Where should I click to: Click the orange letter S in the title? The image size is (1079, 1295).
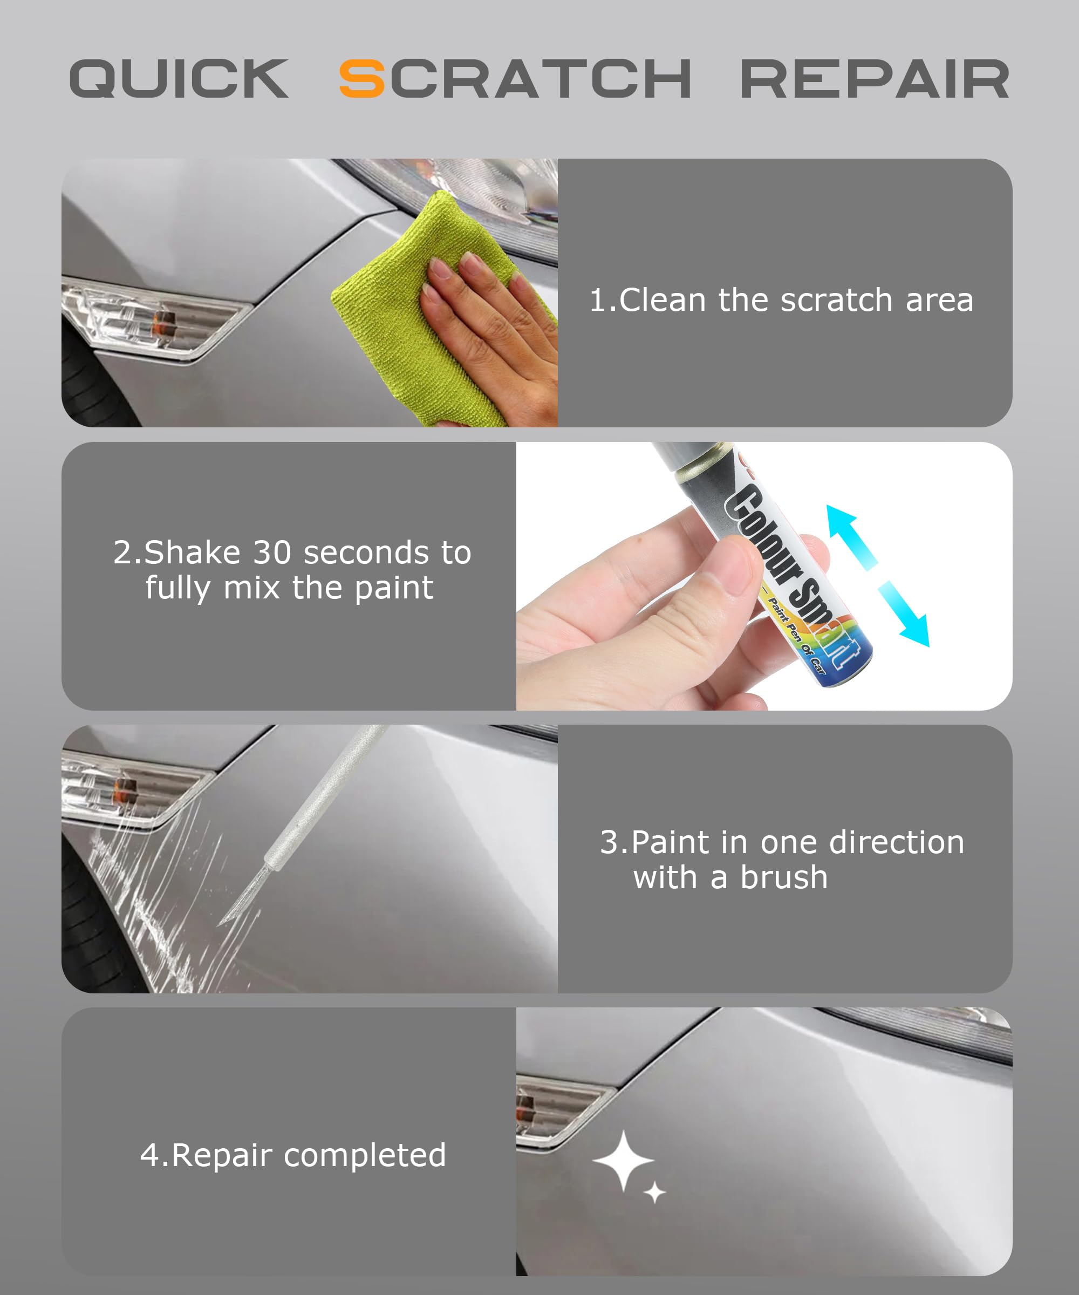pos(363,78)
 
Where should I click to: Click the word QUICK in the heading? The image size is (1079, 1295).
pos(179,78)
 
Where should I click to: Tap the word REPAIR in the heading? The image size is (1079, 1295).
pos(875,78)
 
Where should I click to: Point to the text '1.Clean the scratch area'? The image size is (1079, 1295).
pos(781,301)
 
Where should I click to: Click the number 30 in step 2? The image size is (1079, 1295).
pos(272,553)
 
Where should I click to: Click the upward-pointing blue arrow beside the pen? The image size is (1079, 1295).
pos(851,536)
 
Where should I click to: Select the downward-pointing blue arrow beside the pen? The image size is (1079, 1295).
pos(903,613)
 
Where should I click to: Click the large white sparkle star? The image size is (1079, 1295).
pos(623,1161)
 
